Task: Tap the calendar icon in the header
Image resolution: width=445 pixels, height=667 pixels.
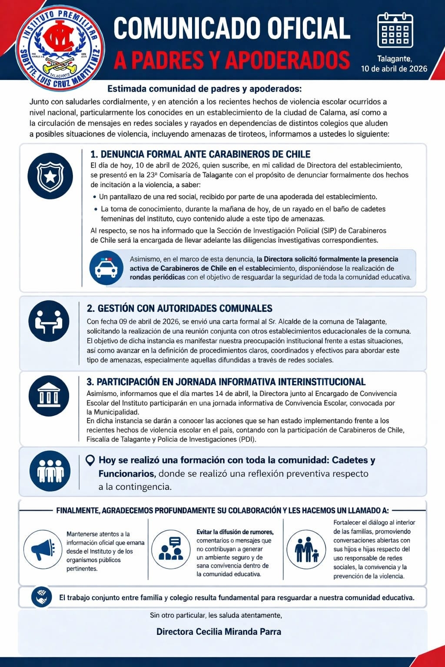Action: pyautogui.click(x=395, y=30)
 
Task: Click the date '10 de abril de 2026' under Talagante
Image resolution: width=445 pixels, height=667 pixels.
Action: pyautogui.click(x=394, y=69)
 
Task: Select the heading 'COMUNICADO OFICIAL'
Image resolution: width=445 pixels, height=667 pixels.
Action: pyautogui.click(x=232, y=29)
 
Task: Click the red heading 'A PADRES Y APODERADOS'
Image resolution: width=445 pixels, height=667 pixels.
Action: pyautogui.click(x=232, y=60)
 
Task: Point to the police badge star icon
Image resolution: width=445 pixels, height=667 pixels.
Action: pyautogui.click(x=50, y=176)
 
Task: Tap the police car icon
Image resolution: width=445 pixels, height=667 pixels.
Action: pyautogui.click(x=106, y=268)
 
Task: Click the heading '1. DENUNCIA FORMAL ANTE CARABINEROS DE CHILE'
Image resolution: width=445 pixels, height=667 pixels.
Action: pyautogui.click(x=200, y=154)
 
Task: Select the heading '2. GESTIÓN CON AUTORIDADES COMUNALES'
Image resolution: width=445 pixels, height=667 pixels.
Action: pyautogui.click(x=179, y=308)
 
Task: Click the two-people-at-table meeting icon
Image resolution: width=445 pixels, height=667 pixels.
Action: pyautogui.click(x=49, y=321)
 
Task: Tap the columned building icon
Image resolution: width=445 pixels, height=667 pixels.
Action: pyautogui.click(x=49, y=396)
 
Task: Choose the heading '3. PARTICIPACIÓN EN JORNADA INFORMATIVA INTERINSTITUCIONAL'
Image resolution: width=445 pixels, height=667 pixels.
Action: pyautogui.click(x=226, y=382)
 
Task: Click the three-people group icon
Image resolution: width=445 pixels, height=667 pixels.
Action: pyautogui.click(x=50, y=471)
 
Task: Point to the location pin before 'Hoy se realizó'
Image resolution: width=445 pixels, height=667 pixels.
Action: pyautogui.click(x=90, y=460)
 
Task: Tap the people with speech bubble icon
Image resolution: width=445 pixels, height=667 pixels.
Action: pyautogui.click(x=171, y=549)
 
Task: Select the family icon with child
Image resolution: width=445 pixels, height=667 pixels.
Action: pyautogui.click(x=306, y=549)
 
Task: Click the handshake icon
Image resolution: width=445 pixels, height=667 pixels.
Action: pyautogui.click(x=42, y=597)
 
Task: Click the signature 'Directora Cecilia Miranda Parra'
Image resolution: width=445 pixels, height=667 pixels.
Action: pyautogui.click(x=219, y=632)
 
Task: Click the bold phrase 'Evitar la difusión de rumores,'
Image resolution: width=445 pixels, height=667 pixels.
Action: pyautogui.click(x=235, y=532)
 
